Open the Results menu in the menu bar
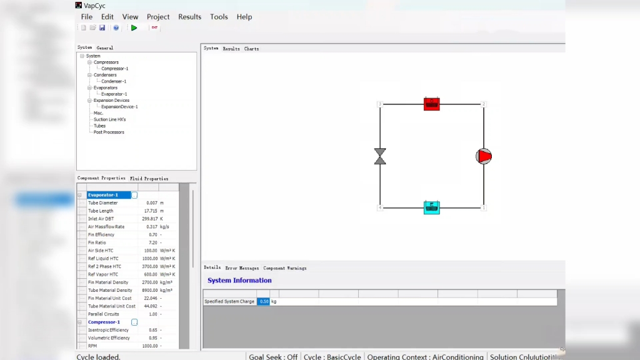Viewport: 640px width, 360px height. (x=189, y=17)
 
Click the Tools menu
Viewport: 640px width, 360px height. (x=219, y=17)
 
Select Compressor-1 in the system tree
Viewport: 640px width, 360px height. (x=114, y=69)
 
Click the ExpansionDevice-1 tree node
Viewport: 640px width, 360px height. (x=119, y=107)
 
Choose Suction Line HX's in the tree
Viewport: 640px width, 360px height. (x=109, y=119)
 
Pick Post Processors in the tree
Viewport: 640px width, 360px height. (x=109, y=132)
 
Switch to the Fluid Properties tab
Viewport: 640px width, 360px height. (x=149, y=179)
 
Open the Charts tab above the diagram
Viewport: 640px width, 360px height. (x=251, y=49)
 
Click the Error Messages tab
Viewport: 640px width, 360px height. (x=242, y=268)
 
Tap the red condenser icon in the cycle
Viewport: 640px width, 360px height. (x=431, y=104)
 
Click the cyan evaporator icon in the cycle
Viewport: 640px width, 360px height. (x=431, y=207)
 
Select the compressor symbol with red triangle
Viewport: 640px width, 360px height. (x=484, y=156)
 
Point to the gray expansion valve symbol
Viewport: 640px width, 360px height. (x=379, y=156)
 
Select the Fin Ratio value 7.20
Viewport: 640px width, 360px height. (x=152, y=242)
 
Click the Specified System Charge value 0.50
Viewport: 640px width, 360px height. (x=264, y=301)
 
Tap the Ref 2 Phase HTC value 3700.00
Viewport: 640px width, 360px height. (x=149, y=266)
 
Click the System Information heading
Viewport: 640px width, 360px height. (x=239, y=281)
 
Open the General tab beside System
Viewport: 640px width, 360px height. (x=104, y=48)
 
